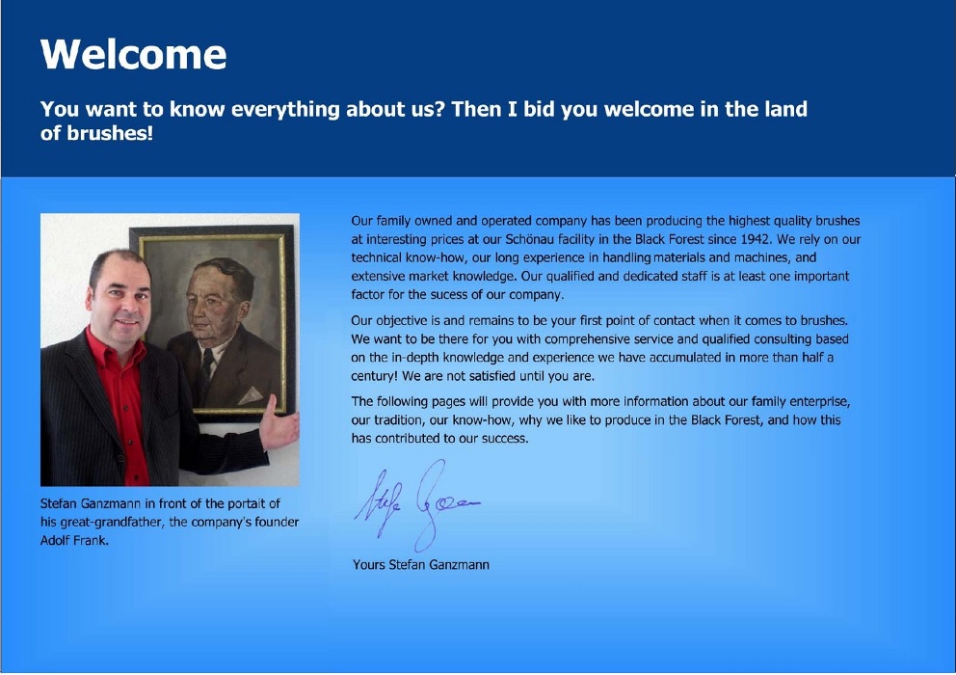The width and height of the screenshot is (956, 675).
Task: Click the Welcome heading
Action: point(134,54)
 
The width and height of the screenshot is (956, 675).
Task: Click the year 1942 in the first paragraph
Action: point(756,239)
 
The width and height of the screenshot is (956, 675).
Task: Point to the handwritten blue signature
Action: point(417,504)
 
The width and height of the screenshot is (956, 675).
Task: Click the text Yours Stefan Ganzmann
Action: point(421,564)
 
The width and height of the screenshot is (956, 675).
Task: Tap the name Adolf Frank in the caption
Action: point(74,540)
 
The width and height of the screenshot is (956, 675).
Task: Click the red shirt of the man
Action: point(122,396)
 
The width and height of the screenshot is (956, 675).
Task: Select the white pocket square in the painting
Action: point(250,396)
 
